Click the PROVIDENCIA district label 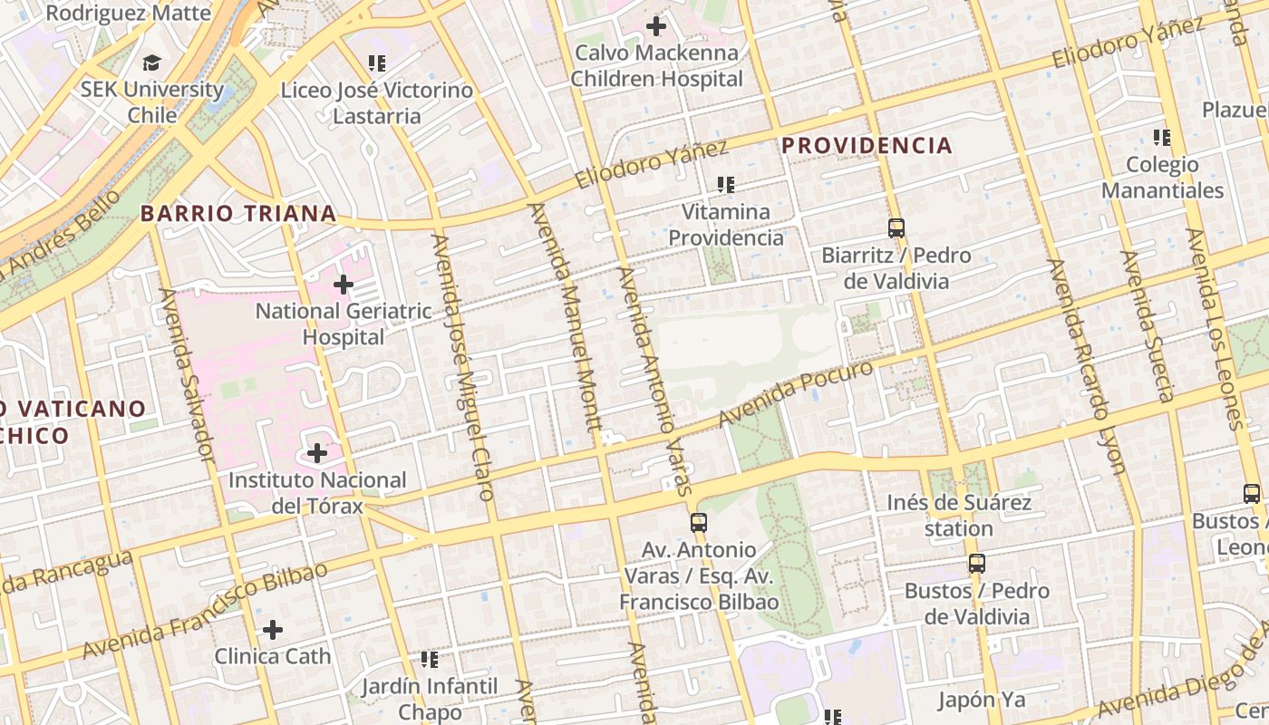[867, 145]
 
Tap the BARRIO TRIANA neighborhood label [238, 214]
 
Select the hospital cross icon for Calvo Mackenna [656, 26]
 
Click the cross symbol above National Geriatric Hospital [343, 285]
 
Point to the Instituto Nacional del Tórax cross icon [317, 452]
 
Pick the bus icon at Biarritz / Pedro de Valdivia [896, 228]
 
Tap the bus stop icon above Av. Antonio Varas [698, 522]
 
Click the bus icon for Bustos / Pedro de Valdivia [976, 564]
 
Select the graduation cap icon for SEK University [151, 63]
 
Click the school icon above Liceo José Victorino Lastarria [377, 63]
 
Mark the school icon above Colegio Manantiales [1162, 138]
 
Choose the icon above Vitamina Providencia [725, 185]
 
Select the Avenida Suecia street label [1148, 326]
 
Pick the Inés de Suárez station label [959, 515]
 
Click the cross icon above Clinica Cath [273, 630]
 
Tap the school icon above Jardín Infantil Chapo [430, 660]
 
